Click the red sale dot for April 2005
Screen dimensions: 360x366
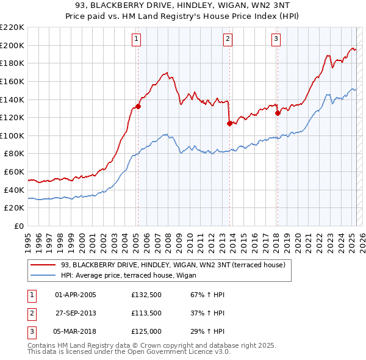pyautogui.click(x=138, y=106)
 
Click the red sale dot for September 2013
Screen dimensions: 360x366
pyautogui.click(x=229, y=123)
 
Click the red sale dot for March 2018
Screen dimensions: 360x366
pyautogui.click(x=278, y=113)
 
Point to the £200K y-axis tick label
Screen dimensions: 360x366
pyautogui.click(x=12, y=45)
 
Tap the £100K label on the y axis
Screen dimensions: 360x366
pyautogui.click(x=12, y=135)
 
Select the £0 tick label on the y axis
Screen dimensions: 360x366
pyautogui.click(x=19, y=226)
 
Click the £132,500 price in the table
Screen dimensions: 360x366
pyautogui.click(x=146, y=295)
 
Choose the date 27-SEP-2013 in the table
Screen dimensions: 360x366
pyautogui.click(x=76, y=313)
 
